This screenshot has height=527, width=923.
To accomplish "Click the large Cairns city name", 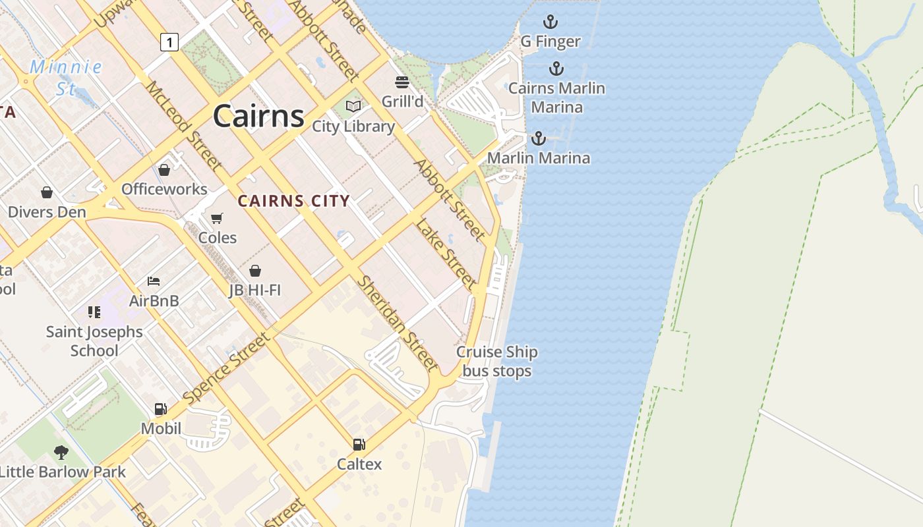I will coord(258,116).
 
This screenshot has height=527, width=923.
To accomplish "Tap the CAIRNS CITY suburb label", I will coord(293,201).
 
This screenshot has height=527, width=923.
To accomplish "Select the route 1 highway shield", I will coord(169,43).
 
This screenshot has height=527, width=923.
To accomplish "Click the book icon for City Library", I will coord(353,106).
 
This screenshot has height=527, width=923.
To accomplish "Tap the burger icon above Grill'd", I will coord(402,82).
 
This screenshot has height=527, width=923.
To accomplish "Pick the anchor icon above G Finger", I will coord(550,22).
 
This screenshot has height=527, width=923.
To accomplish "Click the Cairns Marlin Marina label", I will coord(556,97).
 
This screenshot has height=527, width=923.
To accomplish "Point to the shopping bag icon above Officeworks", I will coord(164,170).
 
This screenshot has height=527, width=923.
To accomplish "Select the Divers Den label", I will coord(47,212).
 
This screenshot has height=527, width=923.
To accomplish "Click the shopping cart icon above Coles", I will coord(217,218).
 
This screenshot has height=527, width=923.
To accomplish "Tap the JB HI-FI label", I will coord(254,290).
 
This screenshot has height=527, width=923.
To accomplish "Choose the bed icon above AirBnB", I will coord(154,281).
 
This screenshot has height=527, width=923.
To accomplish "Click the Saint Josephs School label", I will coord(94,341).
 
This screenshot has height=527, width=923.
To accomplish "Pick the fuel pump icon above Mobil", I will coord(161,409).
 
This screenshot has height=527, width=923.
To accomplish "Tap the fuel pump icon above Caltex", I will coord(359,445).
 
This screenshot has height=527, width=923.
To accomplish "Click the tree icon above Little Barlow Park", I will coord(61,452).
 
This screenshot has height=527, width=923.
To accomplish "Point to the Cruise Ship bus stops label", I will coord(497,362).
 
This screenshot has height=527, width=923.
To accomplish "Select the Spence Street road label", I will coord(226,369).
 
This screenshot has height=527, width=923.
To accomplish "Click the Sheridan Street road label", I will coord(397,323).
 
